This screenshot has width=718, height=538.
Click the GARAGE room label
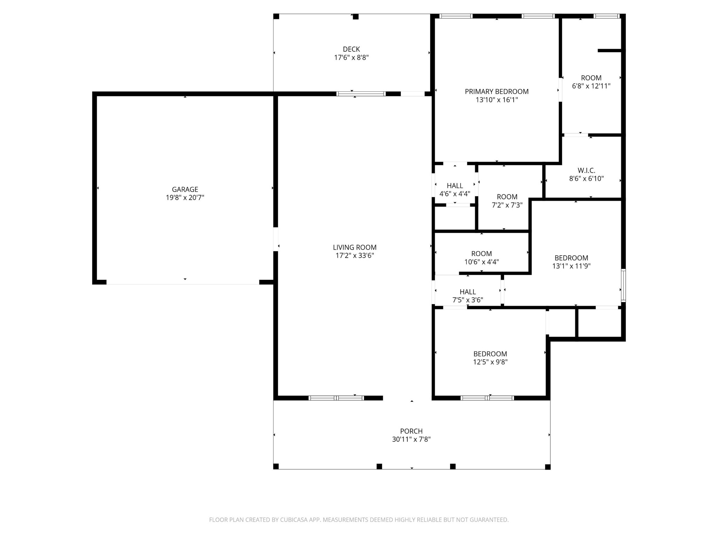click(x=185, y=189)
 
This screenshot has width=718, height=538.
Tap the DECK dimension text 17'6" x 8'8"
click(x=351, y=57)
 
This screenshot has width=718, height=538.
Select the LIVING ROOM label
click(x=354, y=247)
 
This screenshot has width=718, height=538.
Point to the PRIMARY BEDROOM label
click(x=496, y=91)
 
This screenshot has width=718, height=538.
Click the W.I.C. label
click(x=586, y=171)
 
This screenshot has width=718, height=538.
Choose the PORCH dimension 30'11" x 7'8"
click(x=411, y=439)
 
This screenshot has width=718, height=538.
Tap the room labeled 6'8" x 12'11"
click(x=591, y=82)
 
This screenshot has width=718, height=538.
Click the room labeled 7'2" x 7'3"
click(x=507, y=201)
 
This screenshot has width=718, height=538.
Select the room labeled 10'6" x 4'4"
click(x=481, y=257)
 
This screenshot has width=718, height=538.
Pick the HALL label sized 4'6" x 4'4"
click(x=455, y=186)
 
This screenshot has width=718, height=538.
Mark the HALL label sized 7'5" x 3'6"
click(x=468, y=292)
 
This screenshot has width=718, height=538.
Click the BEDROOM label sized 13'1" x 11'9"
click(x=571, y=258)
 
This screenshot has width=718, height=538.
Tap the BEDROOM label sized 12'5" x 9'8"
click(x=490, y=354)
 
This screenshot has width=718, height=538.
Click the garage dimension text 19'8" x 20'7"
click(x=185, y=198)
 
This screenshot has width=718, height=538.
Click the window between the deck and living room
click(x=361, y=94)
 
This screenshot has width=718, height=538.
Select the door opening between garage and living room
click(x=276, y=239)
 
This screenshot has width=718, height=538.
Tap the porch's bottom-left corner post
click(x=276, y=466)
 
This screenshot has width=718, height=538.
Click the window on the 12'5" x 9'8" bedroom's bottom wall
click(x=487, y=398)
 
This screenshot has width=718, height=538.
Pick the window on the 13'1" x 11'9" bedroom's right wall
click(x=623, y=285)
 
